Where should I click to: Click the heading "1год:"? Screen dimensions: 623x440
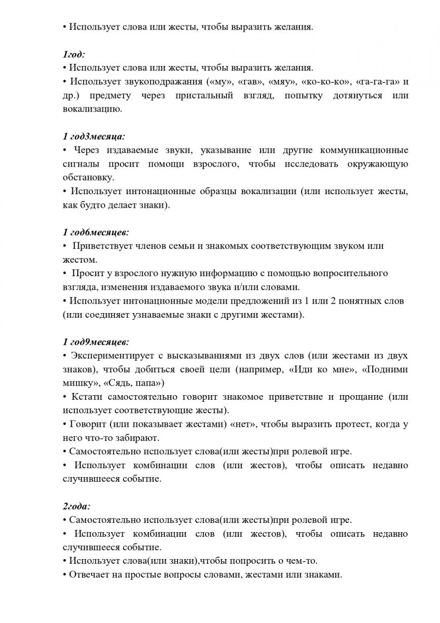click(x=74, y=54)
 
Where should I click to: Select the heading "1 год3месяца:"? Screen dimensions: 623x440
click(x=93, y=137)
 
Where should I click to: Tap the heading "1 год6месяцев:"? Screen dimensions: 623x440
click(x=95, y=232)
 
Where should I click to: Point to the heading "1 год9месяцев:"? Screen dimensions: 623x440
click(x=95, y=342)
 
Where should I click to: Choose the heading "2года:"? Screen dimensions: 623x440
click(x=77, y=506)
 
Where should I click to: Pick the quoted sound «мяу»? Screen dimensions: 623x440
click(x=279, y=82)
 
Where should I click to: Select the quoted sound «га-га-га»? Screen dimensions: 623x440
click(x=370, y=82)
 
